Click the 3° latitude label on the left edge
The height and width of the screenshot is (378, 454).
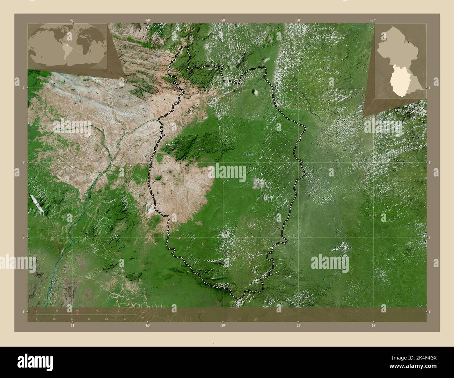(23, 162)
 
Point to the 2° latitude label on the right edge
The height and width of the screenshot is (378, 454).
(430, 237)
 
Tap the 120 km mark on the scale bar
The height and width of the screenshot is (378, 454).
(118, 310)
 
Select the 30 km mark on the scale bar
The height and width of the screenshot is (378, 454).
(57, 310)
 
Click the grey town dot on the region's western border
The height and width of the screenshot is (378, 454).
(163, 134)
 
